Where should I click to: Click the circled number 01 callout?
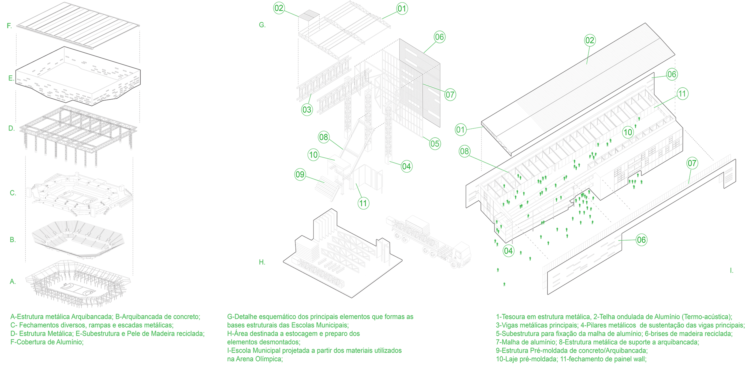(x=402, y=9)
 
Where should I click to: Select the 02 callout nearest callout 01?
(x=279, y=8)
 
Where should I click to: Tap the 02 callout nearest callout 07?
(x=590, y=40)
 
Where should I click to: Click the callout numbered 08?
(x=323, y=137)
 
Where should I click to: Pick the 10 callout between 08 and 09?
(x=313, y=154)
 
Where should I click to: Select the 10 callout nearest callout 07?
(x=628, y=132)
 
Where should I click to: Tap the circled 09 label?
(x=300, y=174)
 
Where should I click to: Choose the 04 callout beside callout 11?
(x=407, y=166)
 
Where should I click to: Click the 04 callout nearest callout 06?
(x=508, y=251)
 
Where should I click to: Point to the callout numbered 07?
(x=692, y=163)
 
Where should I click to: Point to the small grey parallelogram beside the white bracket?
(x=350, y=136)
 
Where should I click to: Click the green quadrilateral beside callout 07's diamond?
(x=641, y=187)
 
